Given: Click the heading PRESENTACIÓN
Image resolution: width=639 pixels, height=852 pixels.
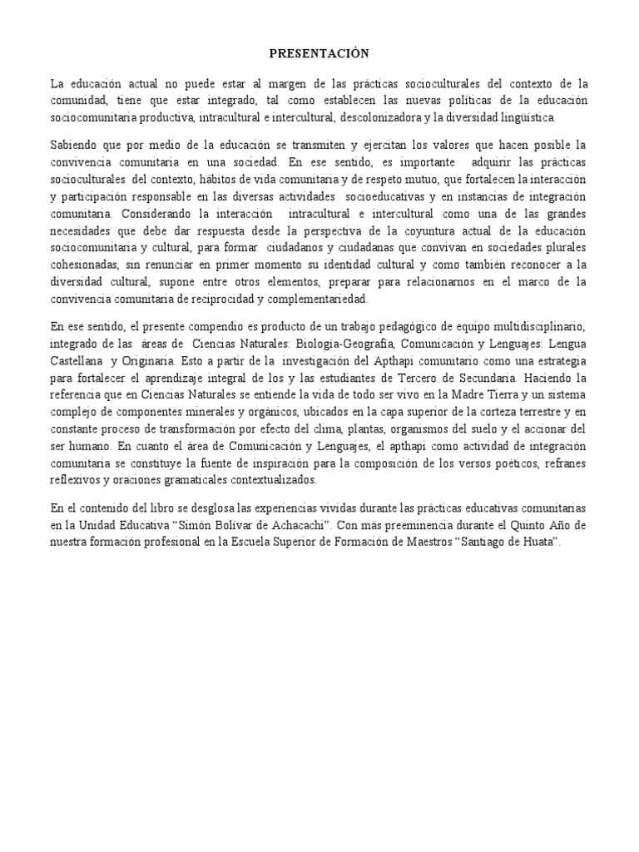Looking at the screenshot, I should [x=319, y=54].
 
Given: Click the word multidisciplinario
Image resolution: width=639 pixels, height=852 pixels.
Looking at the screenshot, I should [x=540, y=326].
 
